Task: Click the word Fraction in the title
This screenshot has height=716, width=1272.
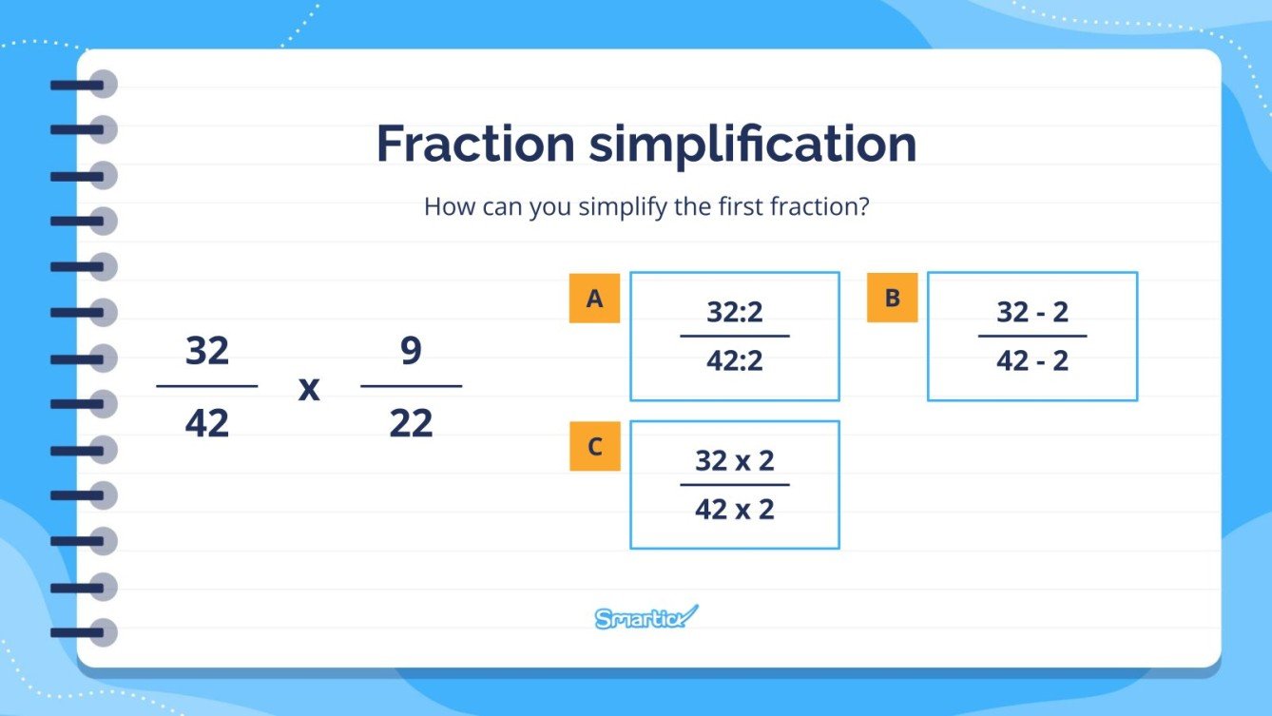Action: (x=475, y=145)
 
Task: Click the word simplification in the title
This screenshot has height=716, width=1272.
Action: (x=752, y=145)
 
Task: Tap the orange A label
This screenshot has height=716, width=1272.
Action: (x=594, y=299)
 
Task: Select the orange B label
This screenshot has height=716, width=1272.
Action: (x=892, y=298)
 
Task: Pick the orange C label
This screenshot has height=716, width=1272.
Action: (x=594, y=446)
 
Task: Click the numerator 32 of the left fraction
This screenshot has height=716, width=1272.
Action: (x=207, y=351)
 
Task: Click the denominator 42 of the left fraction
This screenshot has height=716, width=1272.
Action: (x=207, y=422)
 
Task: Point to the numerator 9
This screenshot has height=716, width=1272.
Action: (x=411, y=351)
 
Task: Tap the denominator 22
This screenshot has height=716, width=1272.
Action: (x=411, y=422)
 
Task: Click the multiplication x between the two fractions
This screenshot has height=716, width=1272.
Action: (x=309, y=388)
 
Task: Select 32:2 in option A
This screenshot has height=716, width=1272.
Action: (x=734, y=312)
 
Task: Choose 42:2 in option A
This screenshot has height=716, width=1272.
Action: (x=734, y=361)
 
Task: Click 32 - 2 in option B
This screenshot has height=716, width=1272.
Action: (x=1032, y=312)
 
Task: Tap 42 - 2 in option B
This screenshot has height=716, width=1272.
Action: (x=1032, y=361)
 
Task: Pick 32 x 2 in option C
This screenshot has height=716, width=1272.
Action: (x=734, y=461)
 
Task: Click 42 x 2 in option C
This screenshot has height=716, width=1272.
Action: (x=734, y=510)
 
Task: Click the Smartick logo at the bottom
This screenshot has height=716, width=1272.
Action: (x=646, y=618)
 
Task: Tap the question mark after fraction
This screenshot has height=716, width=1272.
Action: (x=863, y=206)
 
